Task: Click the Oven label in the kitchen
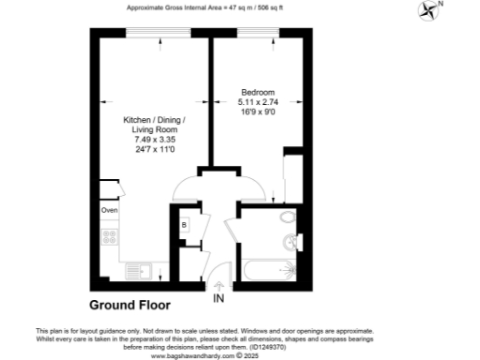109,210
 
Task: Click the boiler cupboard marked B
185,226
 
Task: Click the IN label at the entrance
219,299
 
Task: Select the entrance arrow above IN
219,281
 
